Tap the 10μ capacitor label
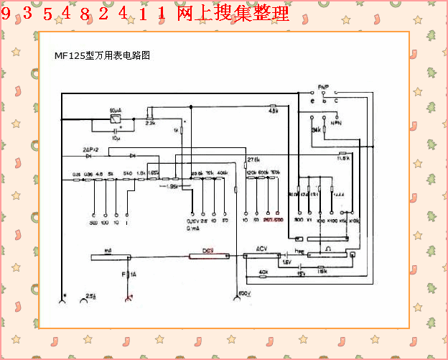tap(117, 137)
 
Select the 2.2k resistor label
tap(151, 123)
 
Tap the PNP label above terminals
tap(323, 87)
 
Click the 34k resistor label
tap(316, 131)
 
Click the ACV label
tap(263, 249)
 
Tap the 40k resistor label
tap(263, 272)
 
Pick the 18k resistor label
tap(322, 272)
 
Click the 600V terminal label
tap(244, 294)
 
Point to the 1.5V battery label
tap(286, 262)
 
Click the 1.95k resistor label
tap(172, 186)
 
